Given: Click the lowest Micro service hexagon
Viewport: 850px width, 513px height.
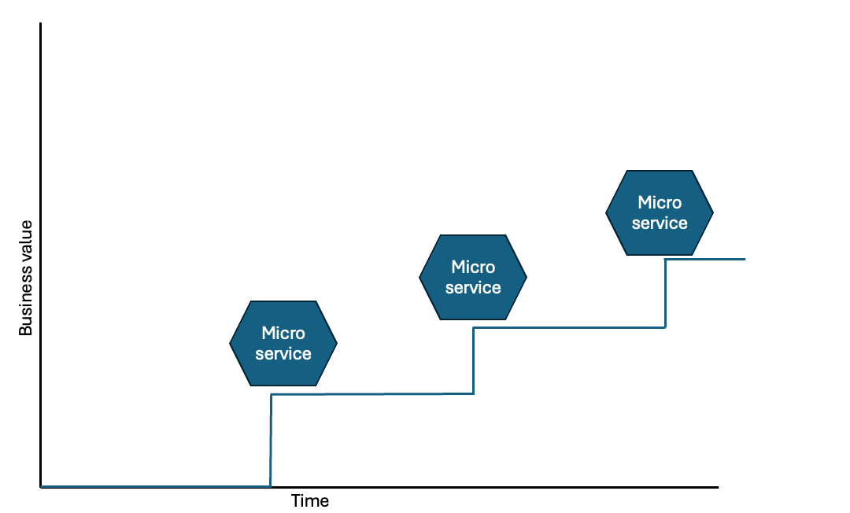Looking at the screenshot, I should (283, 344).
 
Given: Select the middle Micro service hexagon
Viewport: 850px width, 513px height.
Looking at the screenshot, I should (472, 277).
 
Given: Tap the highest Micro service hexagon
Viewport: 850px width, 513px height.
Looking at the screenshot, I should (660, 212).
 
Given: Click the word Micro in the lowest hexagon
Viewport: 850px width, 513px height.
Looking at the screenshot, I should (283, 334).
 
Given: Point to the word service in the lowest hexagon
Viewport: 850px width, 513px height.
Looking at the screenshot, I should (283, 354).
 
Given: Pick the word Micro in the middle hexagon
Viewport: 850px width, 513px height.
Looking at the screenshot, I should (473, 268).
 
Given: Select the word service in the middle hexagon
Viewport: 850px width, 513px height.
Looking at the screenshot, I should (473, 288).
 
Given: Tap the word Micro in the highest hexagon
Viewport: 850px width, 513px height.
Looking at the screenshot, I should (660, 203).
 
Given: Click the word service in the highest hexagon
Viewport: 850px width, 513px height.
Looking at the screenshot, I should (660, 223).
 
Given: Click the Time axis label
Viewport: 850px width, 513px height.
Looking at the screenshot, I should (310, 501).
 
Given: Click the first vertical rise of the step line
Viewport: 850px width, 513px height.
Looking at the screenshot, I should (271, 441).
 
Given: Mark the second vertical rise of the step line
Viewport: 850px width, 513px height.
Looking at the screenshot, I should (473, 360).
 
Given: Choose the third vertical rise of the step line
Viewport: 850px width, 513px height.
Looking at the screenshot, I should (666, 293).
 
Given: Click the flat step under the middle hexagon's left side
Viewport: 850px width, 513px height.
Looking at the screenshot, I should (441, 328).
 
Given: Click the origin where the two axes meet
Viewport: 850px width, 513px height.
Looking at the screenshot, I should (40, 487).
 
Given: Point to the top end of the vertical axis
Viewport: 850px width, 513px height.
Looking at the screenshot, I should (40, 24).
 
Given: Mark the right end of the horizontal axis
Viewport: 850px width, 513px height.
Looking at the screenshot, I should (717, 487).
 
